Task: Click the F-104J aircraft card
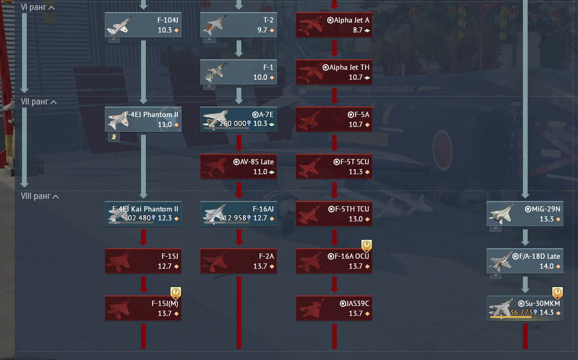pyautogui.click(x=143, y=25)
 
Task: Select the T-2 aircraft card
pyautogui.click(x=239, y=25)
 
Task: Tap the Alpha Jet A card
pyautogui.click(x=334, y=25)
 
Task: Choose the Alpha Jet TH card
pyautogui.click(x=334, y=72)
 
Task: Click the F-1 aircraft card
pyautogui.click(x=239, y=72)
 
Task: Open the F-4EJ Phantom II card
pyautogui.click(x=143, y=119)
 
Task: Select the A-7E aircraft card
pyautogui.click(x=239, y=119)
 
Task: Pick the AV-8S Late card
pyautogui.click(x=239, y=166)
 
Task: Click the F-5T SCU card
pyautogui.click(x=334, y=166)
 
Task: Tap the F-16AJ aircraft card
pyautogui.click(x=239, y=214)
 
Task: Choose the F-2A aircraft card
pyautogui.click(x=239, y=261)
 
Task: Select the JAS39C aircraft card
pyautogui.click(x=334, y=308)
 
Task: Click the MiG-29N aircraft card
pyautogui.click(x=525, y=214)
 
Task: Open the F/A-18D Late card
pyautogui.click(x=525, y=261)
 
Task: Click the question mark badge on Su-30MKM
pyautogui.click(x=558, y=292)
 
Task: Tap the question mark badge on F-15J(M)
pyautogui.click(x=176, y=292)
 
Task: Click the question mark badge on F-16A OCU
pyautogui.click(x=367, y=245)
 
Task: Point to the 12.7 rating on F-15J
pyautogui.click(x=165, y=266)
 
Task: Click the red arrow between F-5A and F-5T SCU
pyautogui.click(x=334, y=142)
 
